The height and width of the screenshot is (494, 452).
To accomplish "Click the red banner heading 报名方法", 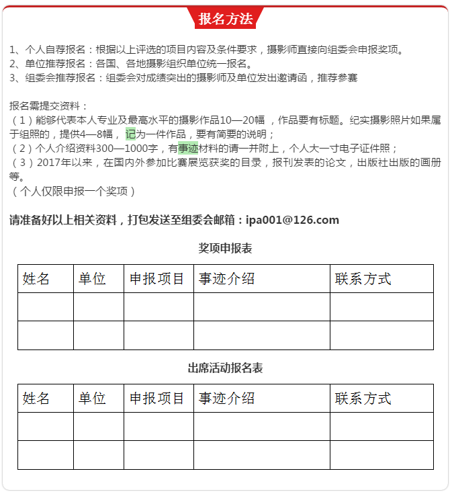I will [226, 18].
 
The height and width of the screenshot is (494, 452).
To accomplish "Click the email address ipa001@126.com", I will [292, 220].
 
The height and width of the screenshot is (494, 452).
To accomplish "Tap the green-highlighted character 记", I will [130, 134].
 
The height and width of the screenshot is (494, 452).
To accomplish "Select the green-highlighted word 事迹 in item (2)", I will [188, 148].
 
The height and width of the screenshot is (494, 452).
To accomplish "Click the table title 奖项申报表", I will [225, 248].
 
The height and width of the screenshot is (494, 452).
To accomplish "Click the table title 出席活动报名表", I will [225, 368].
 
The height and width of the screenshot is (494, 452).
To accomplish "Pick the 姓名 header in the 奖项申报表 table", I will [36, 279].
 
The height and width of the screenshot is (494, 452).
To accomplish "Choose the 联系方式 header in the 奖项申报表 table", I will [363, 279].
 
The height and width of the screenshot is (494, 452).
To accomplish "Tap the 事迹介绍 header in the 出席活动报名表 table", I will [227, 398].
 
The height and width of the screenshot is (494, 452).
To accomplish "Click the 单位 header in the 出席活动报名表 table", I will [92, 398].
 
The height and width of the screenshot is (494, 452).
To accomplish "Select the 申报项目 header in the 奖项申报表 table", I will [157, 279].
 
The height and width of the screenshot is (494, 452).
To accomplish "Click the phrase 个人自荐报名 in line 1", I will [55, 49].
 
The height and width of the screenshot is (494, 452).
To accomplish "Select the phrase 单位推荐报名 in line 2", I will [55, 64].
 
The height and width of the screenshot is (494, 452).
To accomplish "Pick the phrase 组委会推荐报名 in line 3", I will [60, 78].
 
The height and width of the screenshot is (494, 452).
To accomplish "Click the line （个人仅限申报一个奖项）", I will [74, 192].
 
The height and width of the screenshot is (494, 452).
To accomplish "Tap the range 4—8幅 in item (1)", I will [101, 134].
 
